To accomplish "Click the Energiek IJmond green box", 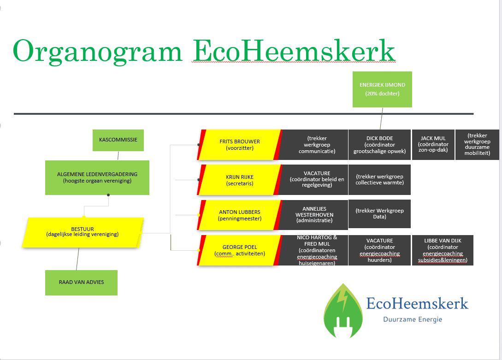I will pos(382,89).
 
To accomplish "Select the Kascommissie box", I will pos(118,139).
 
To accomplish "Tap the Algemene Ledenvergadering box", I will pos(97,177).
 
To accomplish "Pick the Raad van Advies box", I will pos(81,282).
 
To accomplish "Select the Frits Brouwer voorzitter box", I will pos(240,145).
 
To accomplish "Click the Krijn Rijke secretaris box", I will pos(240,180).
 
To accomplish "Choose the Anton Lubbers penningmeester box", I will pos(240,215).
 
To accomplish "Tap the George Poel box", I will pos(240,250).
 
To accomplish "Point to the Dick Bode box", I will pos(379,145).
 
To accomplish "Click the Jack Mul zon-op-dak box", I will pos(433,144).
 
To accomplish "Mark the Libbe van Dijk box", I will pos(443,250).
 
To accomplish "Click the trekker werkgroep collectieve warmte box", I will pos(379,180).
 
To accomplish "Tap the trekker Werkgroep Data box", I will pos(379,214).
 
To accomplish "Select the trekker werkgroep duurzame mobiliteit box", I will pos(477,144).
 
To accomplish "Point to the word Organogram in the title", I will pos(98,51).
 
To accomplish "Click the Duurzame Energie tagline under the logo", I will pos(413,319).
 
